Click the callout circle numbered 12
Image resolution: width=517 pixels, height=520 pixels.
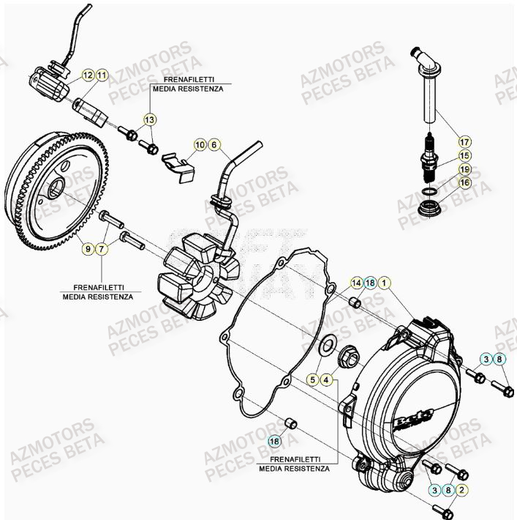pyautogui.click(x=87, y=75)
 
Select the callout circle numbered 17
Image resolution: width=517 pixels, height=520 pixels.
pyautogui.click(x=465, y=141)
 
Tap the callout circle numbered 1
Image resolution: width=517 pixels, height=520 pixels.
pyautogui.click(x=386, y=283)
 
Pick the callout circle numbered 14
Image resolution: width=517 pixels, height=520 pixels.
pyautogui.click(x=356, y=283)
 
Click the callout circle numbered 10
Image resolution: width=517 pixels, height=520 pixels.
pyautogui.click(x=200, y=145)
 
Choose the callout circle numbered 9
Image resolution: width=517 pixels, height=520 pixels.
pyautogui.click(x=87, y=250)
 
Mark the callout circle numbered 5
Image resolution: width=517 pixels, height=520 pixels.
pyautogui.click(x=312, y=379)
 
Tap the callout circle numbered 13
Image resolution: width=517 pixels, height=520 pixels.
pyautogui.click(x=149, y=119)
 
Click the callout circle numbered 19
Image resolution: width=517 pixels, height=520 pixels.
pyautogui.click(x=465, y=169)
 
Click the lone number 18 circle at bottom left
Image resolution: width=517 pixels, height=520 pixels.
pyautogui.click(x=274, y=441)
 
